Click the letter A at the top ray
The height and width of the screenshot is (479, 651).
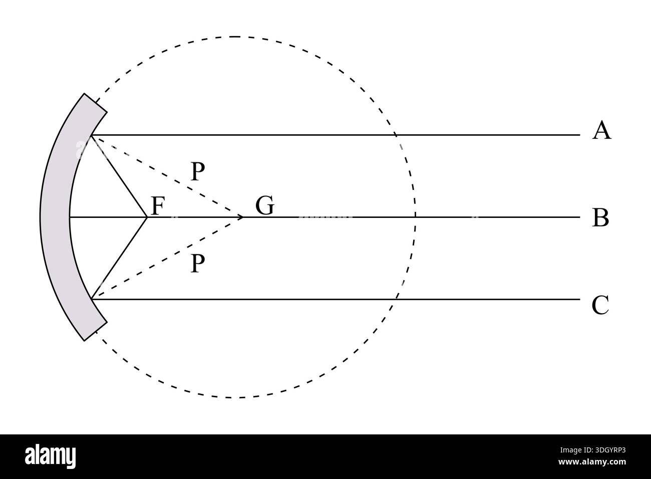[x=601, y=131]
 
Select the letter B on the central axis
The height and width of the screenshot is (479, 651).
[x=600, y=217]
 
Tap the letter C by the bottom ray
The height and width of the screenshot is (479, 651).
[x=600, y=305]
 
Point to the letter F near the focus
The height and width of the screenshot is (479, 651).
[x=158, y=206]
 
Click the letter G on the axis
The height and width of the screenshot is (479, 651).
[x=265, y=205]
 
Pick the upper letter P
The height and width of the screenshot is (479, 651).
[x=198, y=171]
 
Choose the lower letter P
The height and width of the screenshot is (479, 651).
[x=198, y=263]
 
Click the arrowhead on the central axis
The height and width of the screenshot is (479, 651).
[x=241, y=217]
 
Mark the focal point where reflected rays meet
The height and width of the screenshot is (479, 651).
[x=147, y=217]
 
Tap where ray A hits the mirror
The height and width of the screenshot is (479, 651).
[x=92, y=135]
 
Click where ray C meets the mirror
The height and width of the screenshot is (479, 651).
[x=92, y=299]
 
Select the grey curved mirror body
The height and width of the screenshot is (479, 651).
[x=55, y=217]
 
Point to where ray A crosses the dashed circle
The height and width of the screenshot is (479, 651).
[x=396, y=135]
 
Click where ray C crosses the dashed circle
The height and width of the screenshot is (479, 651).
[x=396, y=299]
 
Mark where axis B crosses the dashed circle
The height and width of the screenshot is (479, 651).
[x=415, y=217]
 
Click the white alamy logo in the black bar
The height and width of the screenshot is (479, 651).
[x=50, y=457]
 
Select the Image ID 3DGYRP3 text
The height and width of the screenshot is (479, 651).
[x=593, y=450]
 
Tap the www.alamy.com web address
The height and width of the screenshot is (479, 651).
[x=592, y=462]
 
